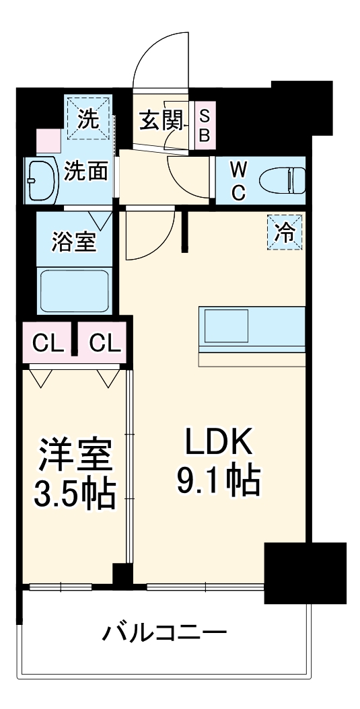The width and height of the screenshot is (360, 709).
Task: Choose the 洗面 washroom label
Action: [86, 172]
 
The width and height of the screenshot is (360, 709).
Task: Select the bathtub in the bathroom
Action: [74, 290]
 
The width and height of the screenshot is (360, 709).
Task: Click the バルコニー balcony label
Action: [165, 633]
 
